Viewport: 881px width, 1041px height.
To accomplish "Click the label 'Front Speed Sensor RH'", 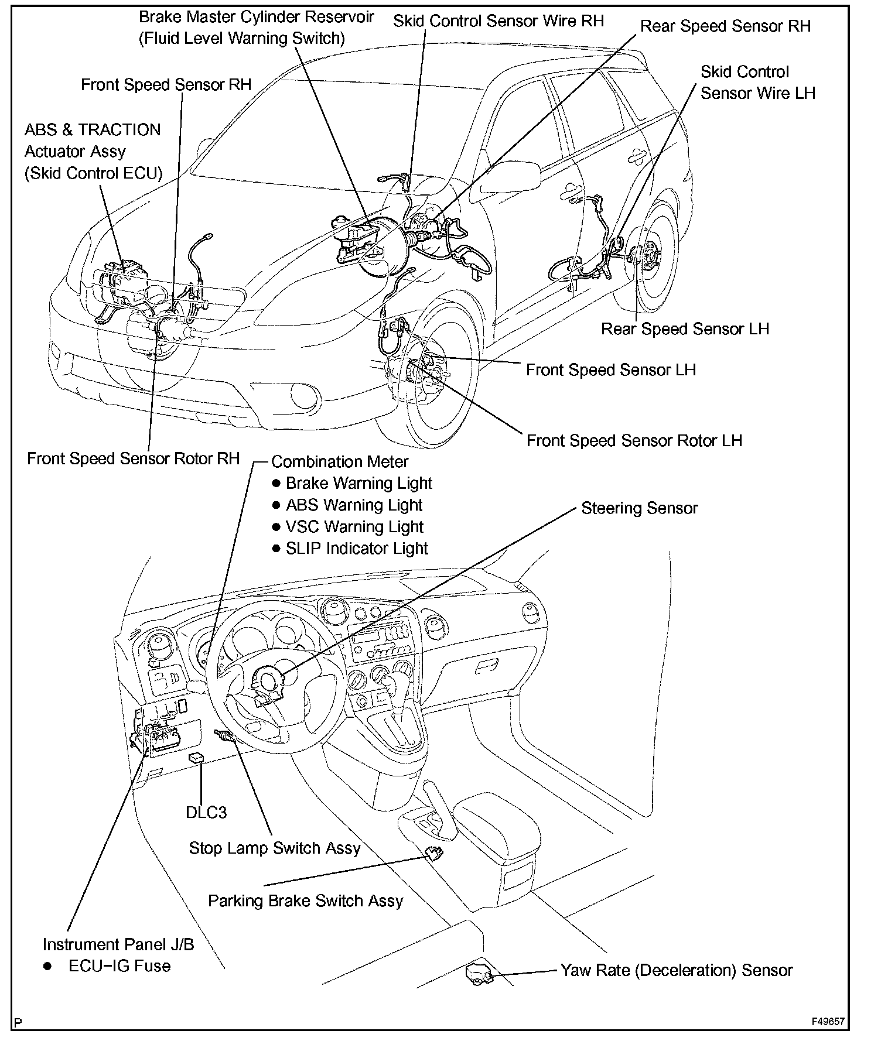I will (x=166, y=85).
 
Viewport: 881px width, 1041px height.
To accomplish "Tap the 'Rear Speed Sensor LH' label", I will (x=685, y=329).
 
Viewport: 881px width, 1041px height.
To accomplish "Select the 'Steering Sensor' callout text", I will (x=639, y=508).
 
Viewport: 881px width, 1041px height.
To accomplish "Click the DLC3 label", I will (x=206, y=813).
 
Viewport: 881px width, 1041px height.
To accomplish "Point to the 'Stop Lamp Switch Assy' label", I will (x=274, y=848).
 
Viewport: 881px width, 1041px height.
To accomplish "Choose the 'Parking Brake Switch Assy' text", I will (x=305, y=900).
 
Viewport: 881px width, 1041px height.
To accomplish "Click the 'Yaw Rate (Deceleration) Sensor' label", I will (x=677, y=971).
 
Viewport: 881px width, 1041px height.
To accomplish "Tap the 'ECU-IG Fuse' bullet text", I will (x=119, y=966).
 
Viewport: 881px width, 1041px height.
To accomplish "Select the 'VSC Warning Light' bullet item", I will (x=354, y=527).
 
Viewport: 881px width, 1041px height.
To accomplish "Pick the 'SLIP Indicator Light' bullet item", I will (x=357, y=549).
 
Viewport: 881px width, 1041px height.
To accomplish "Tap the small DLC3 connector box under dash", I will (x=196, y=758).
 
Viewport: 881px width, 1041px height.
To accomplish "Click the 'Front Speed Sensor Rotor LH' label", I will (x=634, y=441).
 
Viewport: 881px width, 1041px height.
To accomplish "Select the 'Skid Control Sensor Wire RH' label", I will (x=498, y=21).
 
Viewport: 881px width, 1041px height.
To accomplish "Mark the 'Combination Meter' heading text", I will (x=340, y=462).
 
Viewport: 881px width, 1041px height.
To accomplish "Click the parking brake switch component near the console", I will (x=434, y=854).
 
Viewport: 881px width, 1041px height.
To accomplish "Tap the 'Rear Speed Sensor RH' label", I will (x=725, y=26).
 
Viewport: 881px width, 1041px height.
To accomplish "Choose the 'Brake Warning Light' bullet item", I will (x=358, y=484).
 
